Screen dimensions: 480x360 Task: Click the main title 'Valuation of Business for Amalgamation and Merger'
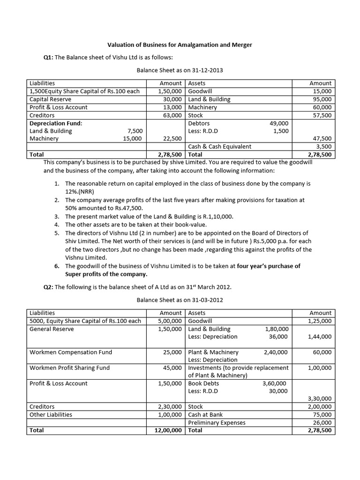click(x=180, y=45)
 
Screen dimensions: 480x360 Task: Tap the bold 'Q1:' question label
click(x=48, y=58)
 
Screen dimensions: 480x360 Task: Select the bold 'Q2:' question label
click(x=48, y=287)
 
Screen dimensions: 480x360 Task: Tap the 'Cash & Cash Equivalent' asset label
click(x=219, y=147)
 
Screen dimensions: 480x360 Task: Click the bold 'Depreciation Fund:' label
click(x=56, y=123)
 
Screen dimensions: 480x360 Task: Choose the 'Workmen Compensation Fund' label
click(x=71, y=352)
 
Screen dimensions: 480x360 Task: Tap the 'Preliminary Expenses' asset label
click(x=217, y=422)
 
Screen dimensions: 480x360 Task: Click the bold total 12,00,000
click(x=168, y=430)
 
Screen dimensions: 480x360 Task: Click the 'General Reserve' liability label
click(x=52, y=329)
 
